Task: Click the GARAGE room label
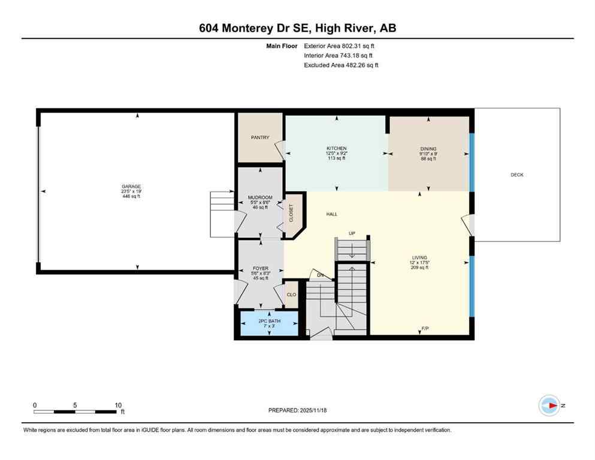(x=131, y=186)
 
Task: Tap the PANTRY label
(x=259, y=137)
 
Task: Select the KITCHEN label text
(x=336, y=149)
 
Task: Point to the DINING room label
(x=428, y=149)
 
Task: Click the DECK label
(x=517, y=175)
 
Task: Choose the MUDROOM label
(x=260, y=197)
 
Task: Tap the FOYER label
(x=260, y=268)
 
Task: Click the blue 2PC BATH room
(x=268, y=323)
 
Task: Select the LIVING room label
(x=419, y=258)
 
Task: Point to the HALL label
(x=332, y=214)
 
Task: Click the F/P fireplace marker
(x=425, y=329)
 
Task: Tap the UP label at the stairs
(x=352, y=233)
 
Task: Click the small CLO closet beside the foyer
(x=291, y=295)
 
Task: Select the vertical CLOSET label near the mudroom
(x=292, y=213)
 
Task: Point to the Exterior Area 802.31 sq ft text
(x=342, y=46)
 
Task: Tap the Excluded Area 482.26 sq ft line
(x=341, y=65)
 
